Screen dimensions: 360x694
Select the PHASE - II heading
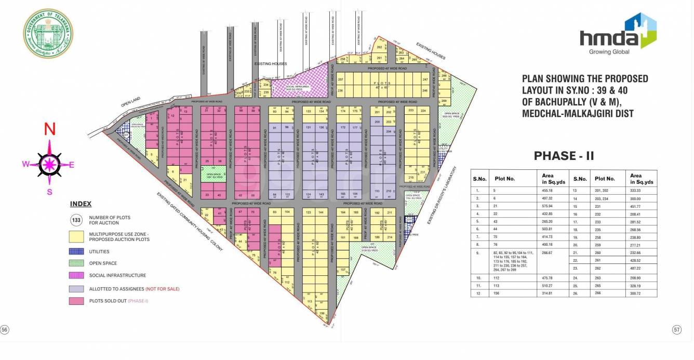click(564, 156)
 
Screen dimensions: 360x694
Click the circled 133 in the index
click(76, 220)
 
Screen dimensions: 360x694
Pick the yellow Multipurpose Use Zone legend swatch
click(76, 236)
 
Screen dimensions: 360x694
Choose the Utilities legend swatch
click(76, 251)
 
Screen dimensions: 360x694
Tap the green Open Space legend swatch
click(76, 263)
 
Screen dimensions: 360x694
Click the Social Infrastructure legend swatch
click(76, 275)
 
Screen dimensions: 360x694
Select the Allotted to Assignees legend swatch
click(76, 289)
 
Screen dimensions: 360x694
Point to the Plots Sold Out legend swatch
click(76, 301)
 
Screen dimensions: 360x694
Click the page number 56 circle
click(5, 330)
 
